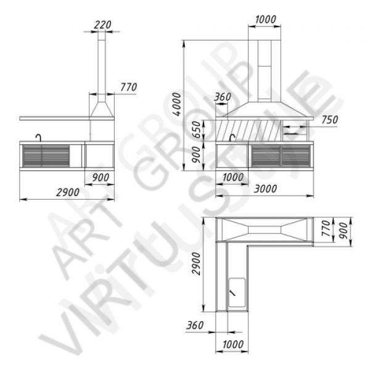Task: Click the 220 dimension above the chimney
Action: point(102,25)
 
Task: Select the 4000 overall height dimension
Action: point(177,104)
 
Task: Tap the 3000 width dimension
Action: point(265,189)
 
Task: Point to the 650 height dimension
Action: point(196,129)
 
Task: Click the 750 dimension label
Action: point(330,120)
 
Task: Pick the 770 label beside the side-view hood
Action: point(129,88)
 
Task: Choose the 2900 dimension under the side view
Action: point(68,192)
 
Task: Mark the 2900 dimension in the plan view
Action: point(196,263)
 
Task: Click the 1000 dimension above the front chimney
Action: point(265,19)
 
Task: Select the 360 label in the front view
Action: point(223,97)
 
